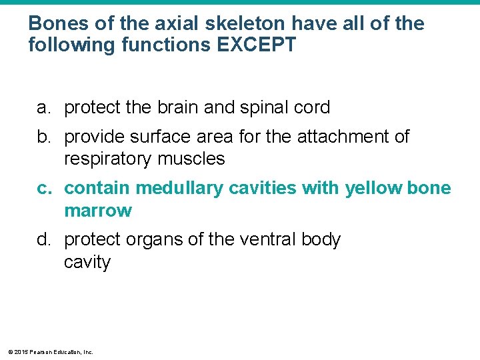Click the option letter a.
(x=43, y=108)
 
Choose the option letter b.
(x=43, y=137)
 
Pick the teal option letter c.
(x=43, y=189)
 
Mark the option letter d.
(x=43, y=239)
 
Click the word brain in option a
(x=187, y=108)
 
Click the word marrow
(x=98, y=211)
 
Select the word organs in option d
(x=152, y=239)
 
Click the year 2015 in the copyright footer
(x=21, y=351)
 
